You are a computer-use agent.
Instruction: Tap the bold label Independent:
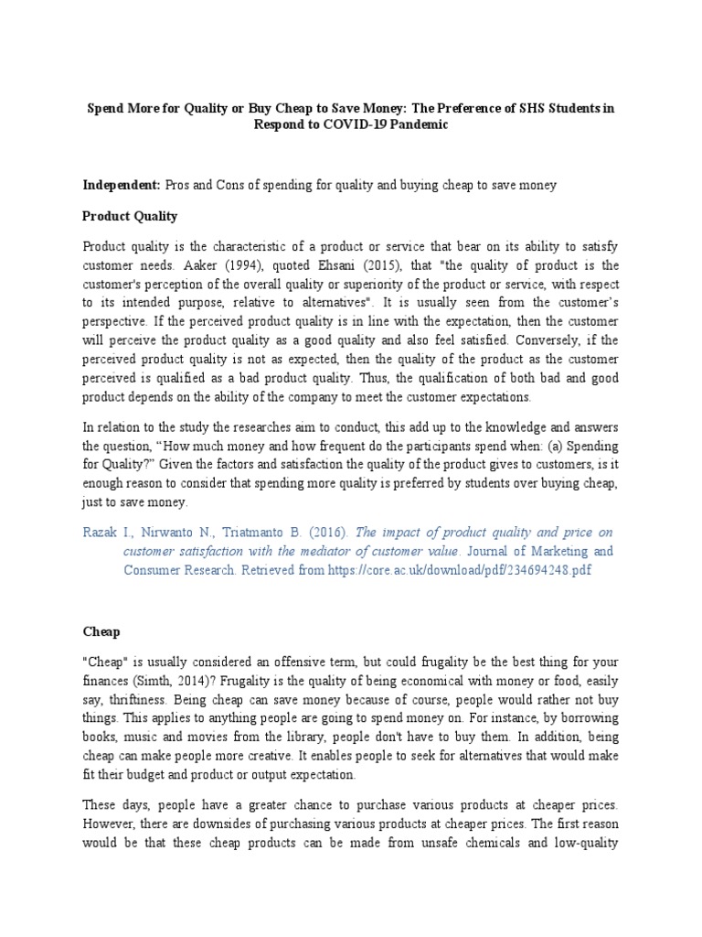point(122,185)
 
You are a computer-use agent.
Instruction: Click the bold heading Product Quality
point(130,217)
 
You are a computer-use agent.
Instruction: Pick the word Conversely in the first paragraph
point(555,339)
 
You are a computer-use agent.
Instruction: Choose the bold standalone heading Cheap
point(101,631)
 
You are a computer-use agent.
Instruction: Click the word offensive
point(290,662)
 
